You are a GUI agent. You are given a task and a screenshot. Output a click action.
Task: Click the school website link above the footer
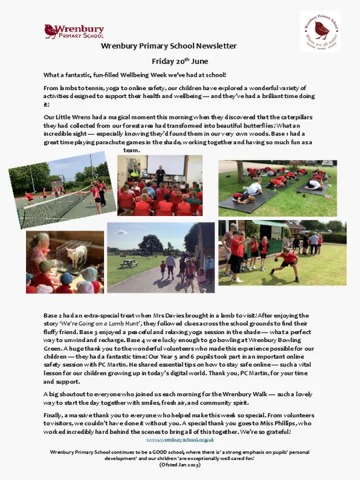(x=179, y=440)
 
